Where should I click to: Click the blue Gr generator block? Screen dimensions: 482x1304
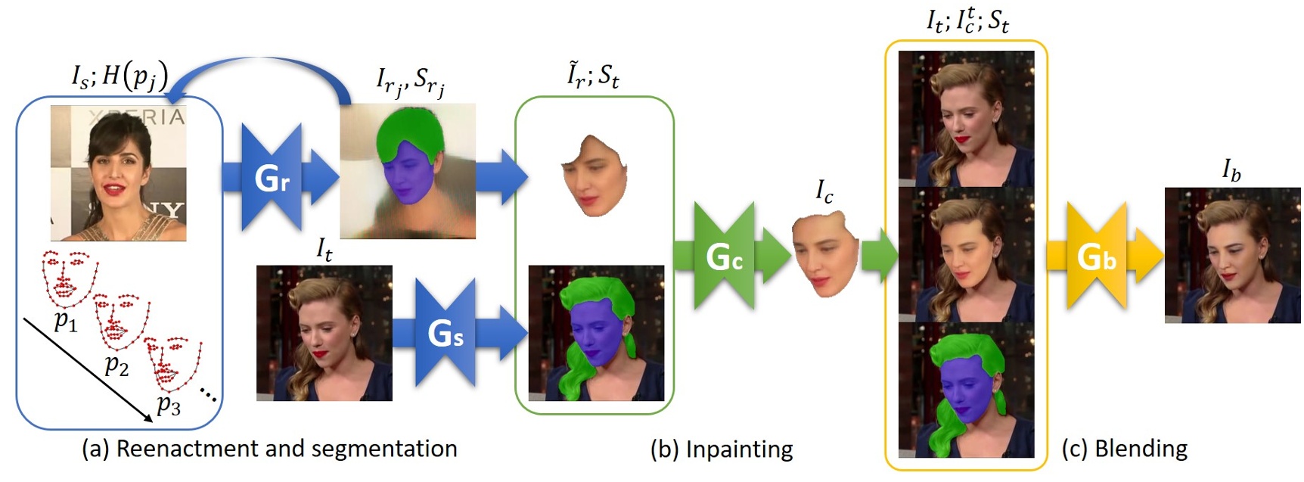[x=271, y=177]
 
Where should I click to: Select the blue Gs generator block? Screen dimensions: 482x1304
[x=445, y=333]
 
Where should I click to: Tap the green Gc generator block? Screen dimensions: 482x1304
[x=723, y=257]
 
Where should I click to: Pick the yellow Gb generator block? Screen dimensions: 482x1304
[x=1095, y=257]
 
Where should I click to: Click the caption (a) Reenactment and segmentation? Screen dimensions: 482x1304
[x=269, y=449]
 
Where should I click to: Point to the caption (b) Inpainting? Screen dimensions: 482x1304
[x=722, y=449]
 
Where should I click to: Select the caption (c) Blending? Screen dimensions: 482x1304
[x=1125, y=449]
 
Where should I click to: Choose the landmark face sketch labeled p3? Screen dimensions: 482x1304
[x=173, y=363]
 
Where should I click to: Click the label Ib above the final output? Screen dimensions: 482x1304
[x=1231, y=171]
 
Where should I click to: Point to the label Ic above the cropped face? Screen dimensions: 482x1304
[x=824, y=191]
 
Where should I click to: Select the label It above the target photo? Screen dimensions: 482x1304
[x=324, y=248]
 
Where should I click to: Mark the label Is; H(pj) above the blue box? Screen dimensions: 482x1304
[x=120, y=76]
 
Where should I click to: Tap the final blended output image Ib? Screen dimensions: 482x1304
[x=1232, y=255]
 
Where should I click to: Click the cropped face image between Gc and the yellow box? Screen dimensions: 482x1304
[x=824, y=253]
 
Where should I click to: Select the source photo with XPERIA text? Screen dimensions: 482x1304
[x=118, y=173]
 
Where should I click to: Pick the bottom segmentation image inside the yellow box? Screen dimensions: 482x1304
[x=966, y=390]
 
